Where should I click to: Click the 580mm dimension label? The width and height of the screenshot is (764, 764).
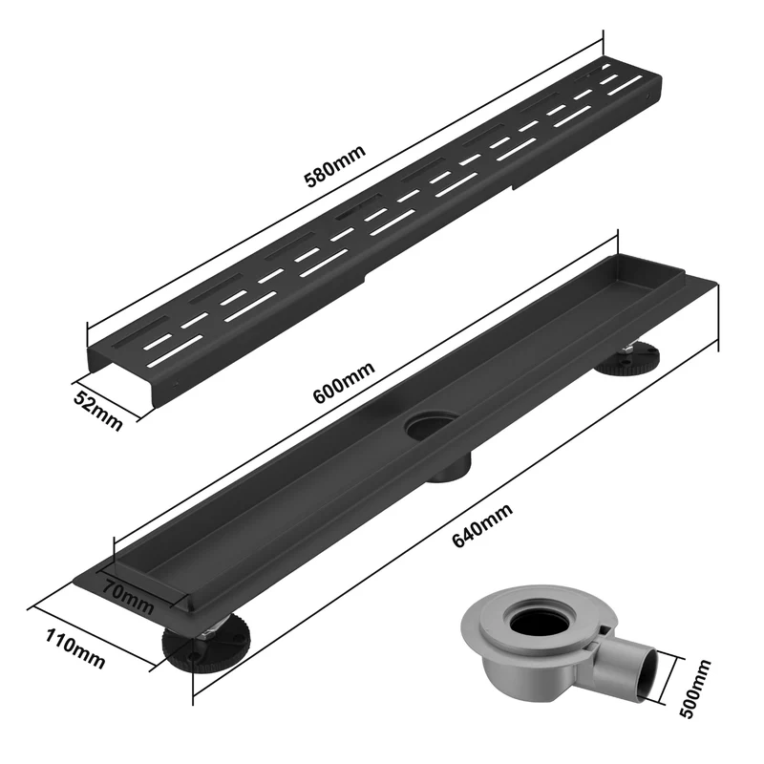click(x=334, y=166)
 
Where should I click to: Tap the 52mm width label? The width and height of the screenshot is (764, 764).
click(x=98, y=412)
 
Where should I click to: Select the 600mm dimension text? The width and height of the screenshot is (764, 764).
click(x=344, y=383)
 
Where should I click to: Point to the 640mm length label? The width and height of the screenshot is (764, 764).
click(x=482, y=525)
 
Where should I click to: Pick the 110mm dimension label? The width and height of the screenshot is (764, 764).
click(x=75, y=649)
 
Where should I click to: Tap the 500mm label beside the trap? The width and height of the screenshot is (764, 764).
click(x=695, y=688)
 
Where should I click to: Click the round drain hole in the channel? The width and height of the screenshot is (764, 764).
click(x=432, y=425)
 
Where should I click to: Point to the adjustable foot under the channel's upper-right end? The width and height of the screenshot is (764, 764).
click(x=627, y=360)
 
